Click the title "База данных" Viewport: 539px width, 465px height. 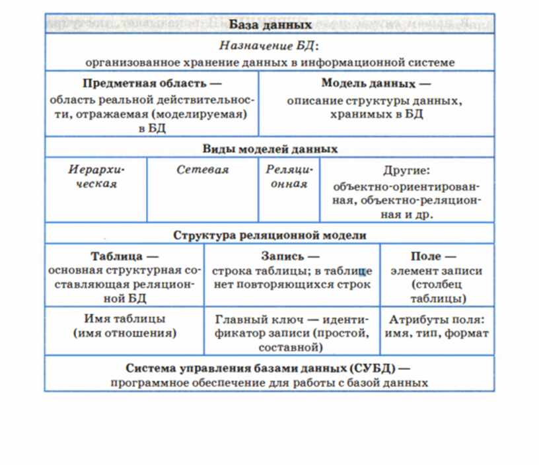[x=270, y=25]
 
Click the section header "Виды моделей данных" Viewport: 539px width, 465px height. [x=270, y=149]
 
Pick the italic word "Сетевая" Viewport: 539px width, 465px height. [x=202, y=170]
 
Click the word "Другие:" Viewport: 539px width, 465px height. [x=406, y=170]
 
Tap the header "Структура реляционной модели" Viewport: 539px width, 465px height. [x=269, y=234]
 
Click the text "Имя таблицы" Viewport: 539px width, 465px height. [x=125, y=319]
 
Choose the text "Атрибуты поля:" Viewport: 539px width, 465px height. [x=437, y=319]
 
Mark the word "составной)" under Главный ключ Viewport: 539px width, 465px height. [x=291, y=347]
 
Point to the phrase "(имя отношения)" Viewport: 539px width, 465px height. [x=125, y=333]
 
